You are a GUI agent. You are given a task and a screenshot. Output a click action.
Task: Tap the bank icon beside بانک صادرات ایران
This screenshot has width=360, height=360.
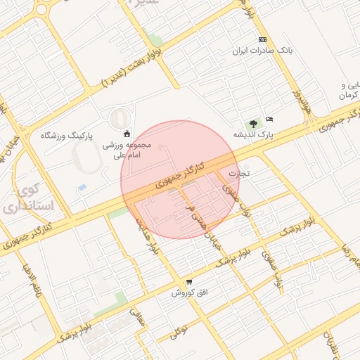[x=262, y=39]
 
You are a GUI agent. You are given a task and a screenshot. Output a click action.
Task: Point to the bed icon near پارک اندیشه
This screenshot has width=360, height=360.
[x=269, y=119]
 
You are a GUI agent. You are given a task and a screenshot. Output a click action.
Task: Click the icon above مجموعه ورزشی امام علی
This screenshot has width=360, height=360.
[x=127, y=134]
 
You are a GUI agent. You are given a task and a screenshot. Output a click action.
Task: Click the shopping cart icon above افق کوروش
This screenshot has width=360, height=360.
[x=189, y=282]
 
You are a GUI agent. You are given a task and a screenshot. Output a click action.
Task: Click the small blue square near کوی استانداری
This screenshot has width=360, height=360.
[x=83, y=188]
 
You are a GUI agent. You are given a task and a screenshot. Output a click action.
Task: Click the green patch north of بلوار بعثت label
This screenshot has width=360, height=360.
[x=155, y=40]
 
